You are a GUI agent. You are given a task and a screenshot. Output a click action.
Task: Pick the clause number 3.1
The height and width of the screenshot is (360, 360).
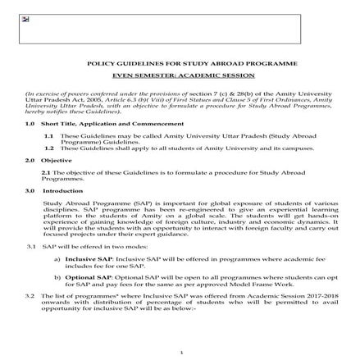tap(30, 246)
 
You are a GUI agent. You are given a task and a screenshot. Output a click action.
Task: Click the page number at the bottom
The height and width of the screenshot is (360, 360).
tap(180, 351)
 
